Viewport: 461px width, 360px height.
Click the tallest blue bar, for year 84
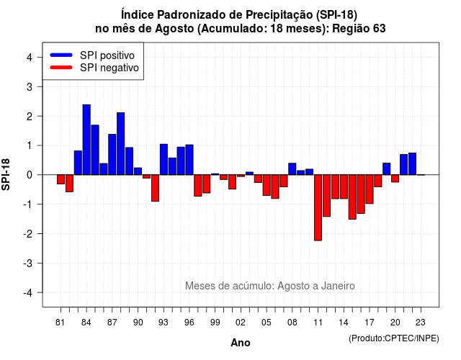tap(86, 140)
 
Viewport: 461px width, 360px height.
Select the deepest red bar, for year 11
tap(318, 208)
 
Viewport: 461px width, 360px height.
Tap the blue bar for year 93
tap(164, 160)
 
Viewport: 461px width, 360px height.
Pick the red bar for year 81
tap(61, 179)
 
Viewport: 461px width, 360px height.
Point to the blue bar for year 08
tap(292, 169)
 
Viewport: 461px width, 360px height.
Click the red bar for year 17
tap(370, 189)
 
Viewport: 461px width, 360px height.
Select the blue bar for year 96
tap(189, 160)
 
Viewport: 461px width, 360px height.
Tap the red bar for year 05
tap(267, 185)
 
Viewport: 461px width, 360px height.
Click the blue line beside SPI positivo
tap(61, 55)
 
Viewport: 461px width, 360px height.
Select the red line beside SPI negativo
tap(61, 67)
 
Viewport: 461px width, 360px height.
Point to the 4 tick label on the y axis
tap(30, 58)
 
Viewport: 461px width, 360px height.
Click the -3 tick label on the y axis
tap(27, 264)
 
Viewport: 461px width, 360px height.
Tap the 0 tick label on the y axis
tap(30, 175)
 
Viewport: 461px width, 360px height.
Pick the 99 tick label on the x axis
tap(215, 323)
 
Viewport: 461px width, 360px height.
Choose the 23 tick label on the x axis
tap(421, 323)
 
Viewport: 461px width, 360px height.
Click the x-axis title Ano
tap(241, 343)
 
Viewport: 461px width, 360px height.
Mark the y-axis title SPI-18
tap(6, 174)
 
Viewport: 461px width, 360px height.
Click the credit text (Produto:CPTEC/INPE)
tap(394, 338)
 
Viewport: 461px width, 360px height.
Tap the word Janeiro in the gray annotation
tap(338, 286)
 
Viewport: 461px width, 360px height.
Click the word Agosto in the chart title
tap(174, 29)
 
